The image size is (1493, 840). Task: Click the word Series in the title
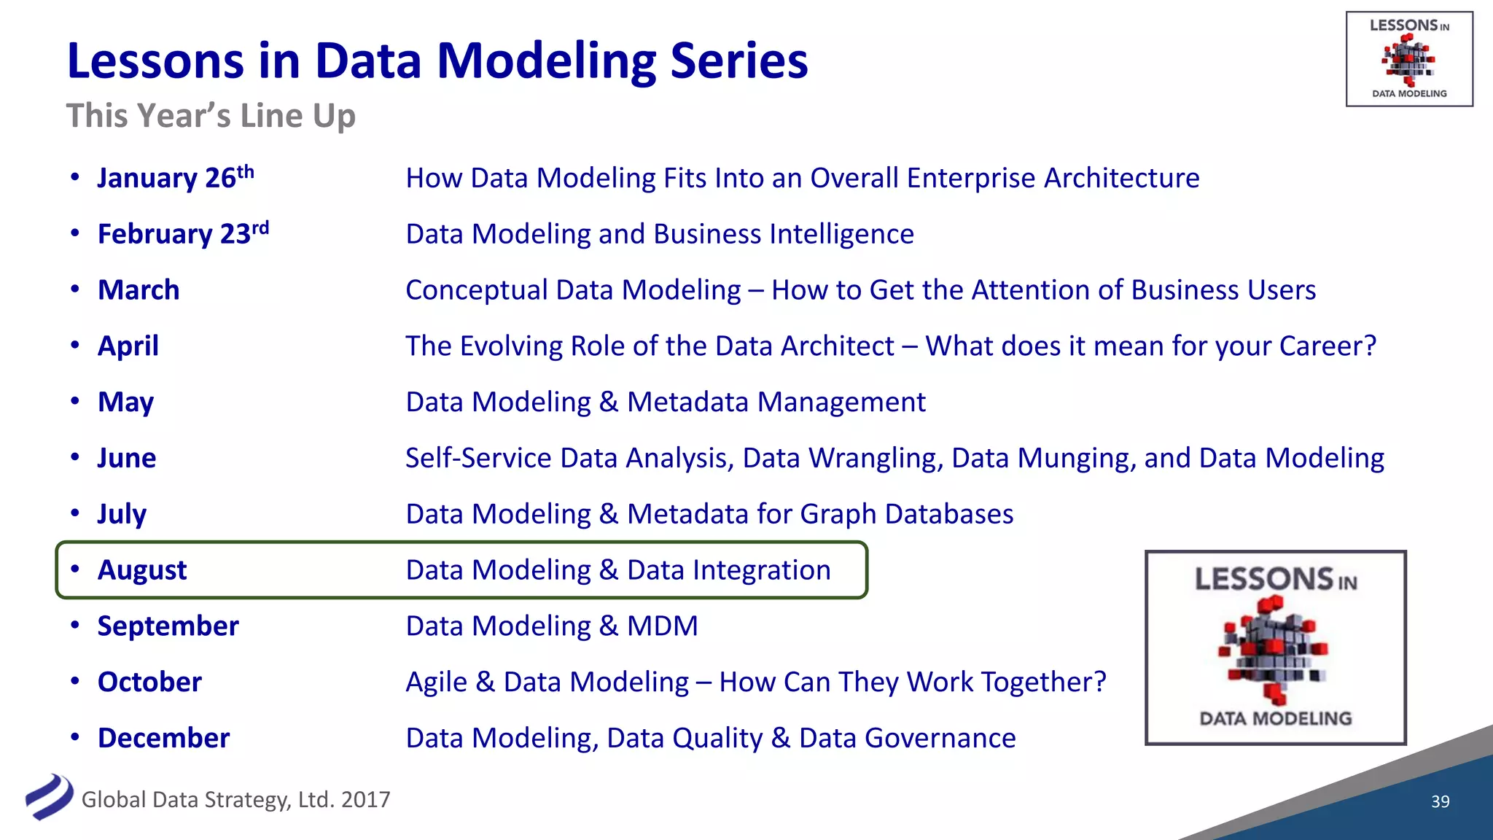[x=738, y=61]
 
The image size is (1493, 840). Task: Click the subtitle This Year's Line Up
[x=211, y=116]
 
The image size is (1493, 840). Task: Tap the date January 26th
[x=175, y=178]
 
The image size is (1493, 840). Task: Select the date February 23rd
[x=183, y=234]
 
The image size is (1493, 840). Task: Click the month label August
[x=142, y=570]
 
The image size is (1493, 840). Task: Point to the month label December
[x=163, y=738]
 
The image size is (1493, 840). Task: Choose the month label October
[x=149, y=682]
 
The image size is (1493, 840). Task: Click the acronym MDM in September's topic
[x=662, y=626]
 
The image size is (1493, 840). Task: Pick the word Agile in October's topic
[x=436, y=682]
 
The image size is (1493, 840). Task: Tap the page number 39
[x=1440, y=801]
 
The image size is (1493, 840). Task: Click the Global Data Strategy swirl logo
[x=49, y=797]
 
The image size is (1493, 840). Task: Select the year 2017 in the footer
[x=365, y=800]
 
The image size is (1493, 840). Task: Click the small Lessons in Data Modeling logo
[x=1408, y=59]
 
